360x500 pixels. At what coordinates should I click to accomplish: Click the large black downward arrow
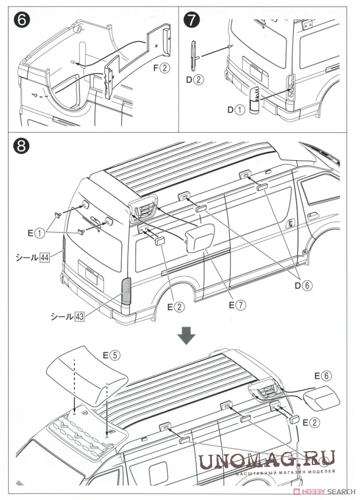[186, 336]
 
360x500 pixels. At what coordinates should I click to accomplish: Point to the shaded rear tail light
[126, 291]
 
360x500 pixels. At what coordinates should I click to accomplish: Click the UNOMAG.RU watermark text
[267, 459]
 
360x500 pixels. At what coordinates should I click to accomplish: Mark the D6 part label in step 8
[303, 284]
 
